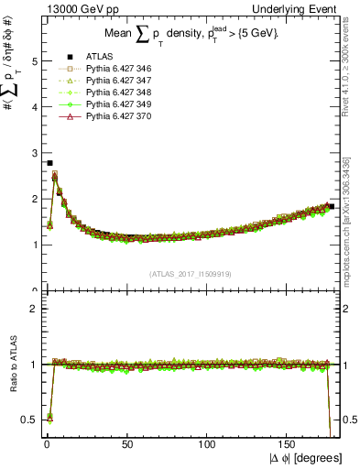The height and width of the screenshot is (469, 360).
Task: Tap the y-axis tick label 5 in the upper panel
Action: pyautogui.click(x=34, y=61)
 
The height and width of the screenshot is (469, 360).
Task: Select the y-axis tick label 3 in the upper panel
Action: pyautogui.click(x=34, y=153)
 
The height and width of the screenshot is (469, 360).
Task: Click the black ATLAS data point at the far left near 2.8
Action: pyautogui.click(x=49, y=162)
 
